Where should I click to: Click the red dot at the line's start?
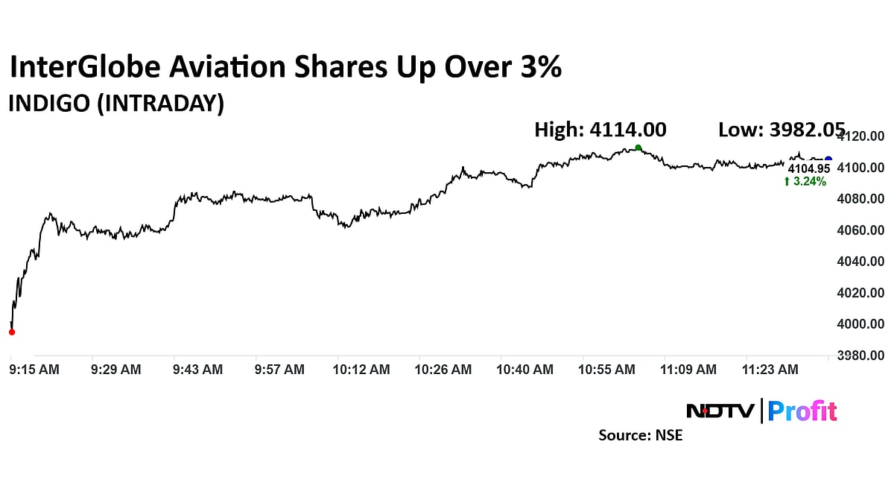click(11, 332)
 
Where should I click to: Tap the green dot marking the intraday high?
click(638, 148)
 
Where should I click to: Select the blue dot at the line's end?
click(828, 159)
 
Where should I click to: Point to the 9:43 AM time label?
click(197, 369)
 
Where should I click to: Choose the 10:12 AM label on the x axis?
click(361, 369)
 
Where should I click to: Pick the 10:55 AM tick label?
click(608, 369)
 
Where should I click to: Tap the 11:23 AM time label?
click(773, 369)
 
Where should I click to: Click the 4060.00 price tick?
click(860, 230)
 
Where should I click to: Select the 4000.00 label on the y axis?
click(860, 324)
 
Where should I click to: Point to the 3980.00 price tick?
click(860, 355)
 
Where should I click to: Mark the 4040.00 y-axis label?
click(860, 262)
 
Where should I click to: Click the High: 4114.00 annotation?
click(600, 130)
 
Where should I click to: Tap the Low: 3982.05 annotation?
click(782, 130)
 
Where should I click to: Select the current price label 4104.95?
click(809, 169)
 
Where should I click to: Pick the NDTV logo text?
click(720, 411)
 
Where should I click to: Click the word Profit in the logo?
click(802, 411)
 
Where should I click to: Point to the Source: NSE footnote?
click(640, 435)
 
